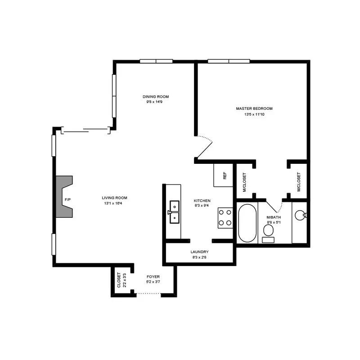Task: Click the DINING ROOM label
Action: tap(156, 97)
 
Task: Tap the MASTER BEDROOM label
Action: tap(254, 108)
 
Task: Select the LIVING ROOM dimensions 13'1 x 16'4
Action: tap(113, 203)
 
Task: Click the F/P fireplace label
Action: tap(67, 200)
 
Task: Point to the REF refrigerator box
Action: tap(223, 175)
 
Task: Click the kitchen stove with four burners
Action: tap(225, 218)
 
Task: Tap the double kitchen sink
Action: tap(175, 212)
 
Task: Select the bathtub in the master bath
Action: tap(247, 223)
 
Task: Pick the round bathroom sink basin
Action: tap(300, 216)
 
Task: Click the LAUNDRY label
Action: tap(199, 252)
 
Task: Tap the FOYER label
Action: tap(153, 277)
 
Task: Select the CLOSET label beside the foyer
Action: tap(119, 280)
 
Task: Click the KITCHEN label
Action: tap(202, 201)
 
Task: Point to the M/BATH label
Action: tap(274, 217)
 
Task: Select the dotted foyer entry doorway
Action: tap(149, 293)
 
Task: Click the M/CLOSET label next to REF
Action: tap(244, 182)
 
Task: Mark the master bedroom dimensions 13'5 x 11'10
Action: tap(254, 114)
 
